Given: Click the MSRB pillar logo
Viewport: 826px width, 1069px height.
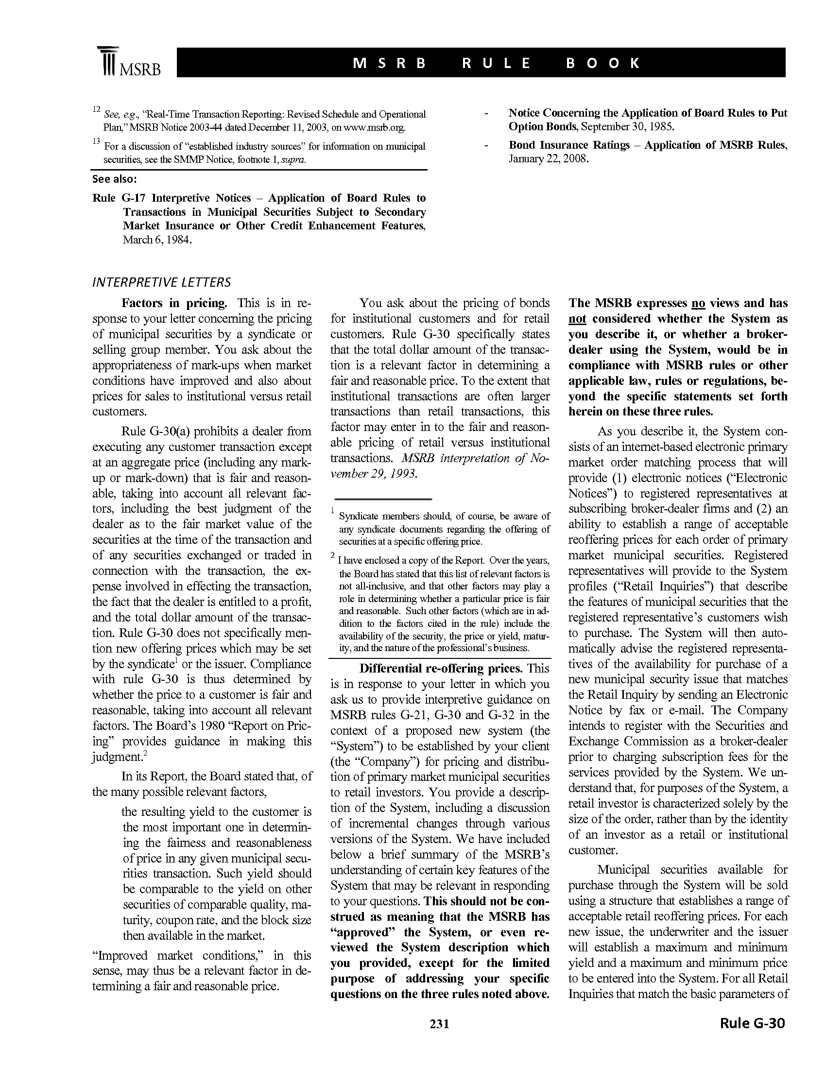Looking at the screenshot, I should (108, 61).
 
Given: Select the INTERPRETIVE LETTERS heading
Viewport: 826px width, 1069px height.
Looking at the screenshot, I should (161, 282).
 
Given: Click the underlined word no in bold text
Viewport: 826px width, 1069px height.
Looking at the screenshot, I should (698, 304).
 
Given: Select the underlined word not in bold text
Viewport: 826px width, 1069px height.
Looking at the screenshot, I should (577, 319).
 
